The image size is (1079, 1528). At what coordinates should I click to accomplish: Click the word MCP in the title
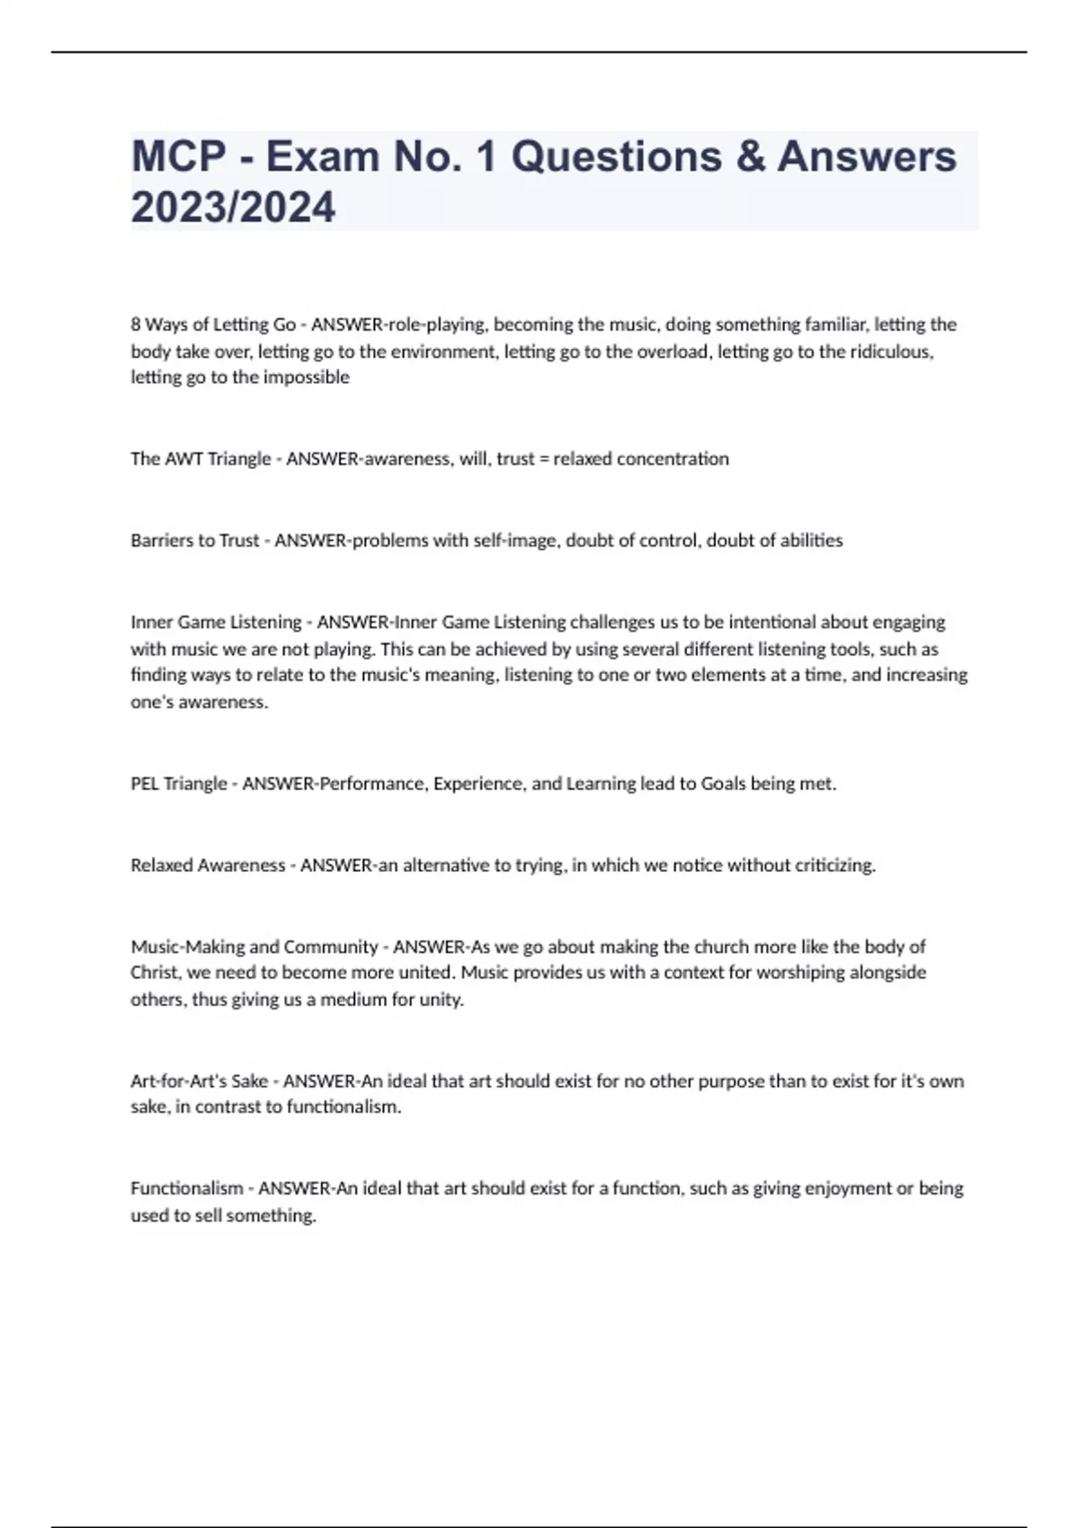[x=178, y=156]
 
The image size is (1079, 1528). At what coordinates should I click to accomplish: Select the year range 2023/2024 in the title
[x=233, y=208]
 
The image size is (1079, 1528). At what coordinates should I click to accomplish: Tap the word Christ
[x=154, y=973]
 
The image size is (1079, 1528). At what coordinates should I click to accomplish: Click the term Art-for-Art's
[x=199, y=1081]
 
